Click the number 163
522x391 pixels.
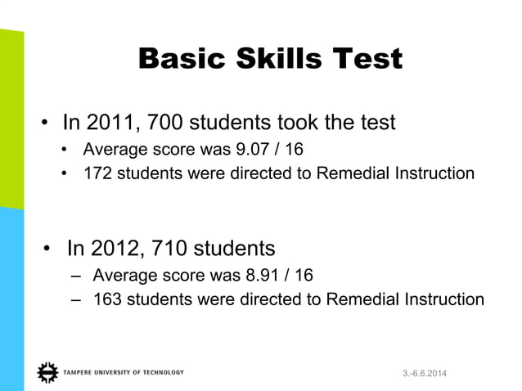point(107,299)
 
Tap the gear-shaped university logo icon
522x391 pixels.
point(47,372)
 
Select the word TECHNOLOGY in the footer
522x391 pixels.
point(163,373)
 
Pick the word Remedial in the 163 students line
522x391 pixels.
point(359,299)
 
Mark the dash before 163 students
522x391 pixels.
point(76,299)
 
